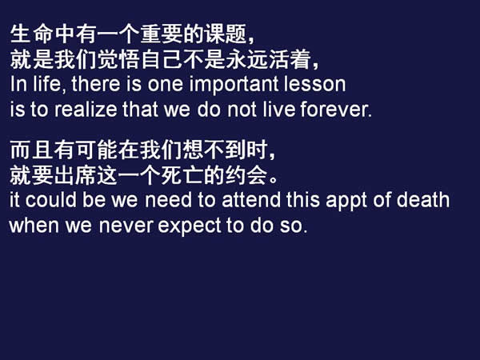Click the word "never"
tap(128, 226)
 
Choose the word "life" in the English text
tap(38, 83)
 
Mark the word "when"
tap(31, 225)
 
